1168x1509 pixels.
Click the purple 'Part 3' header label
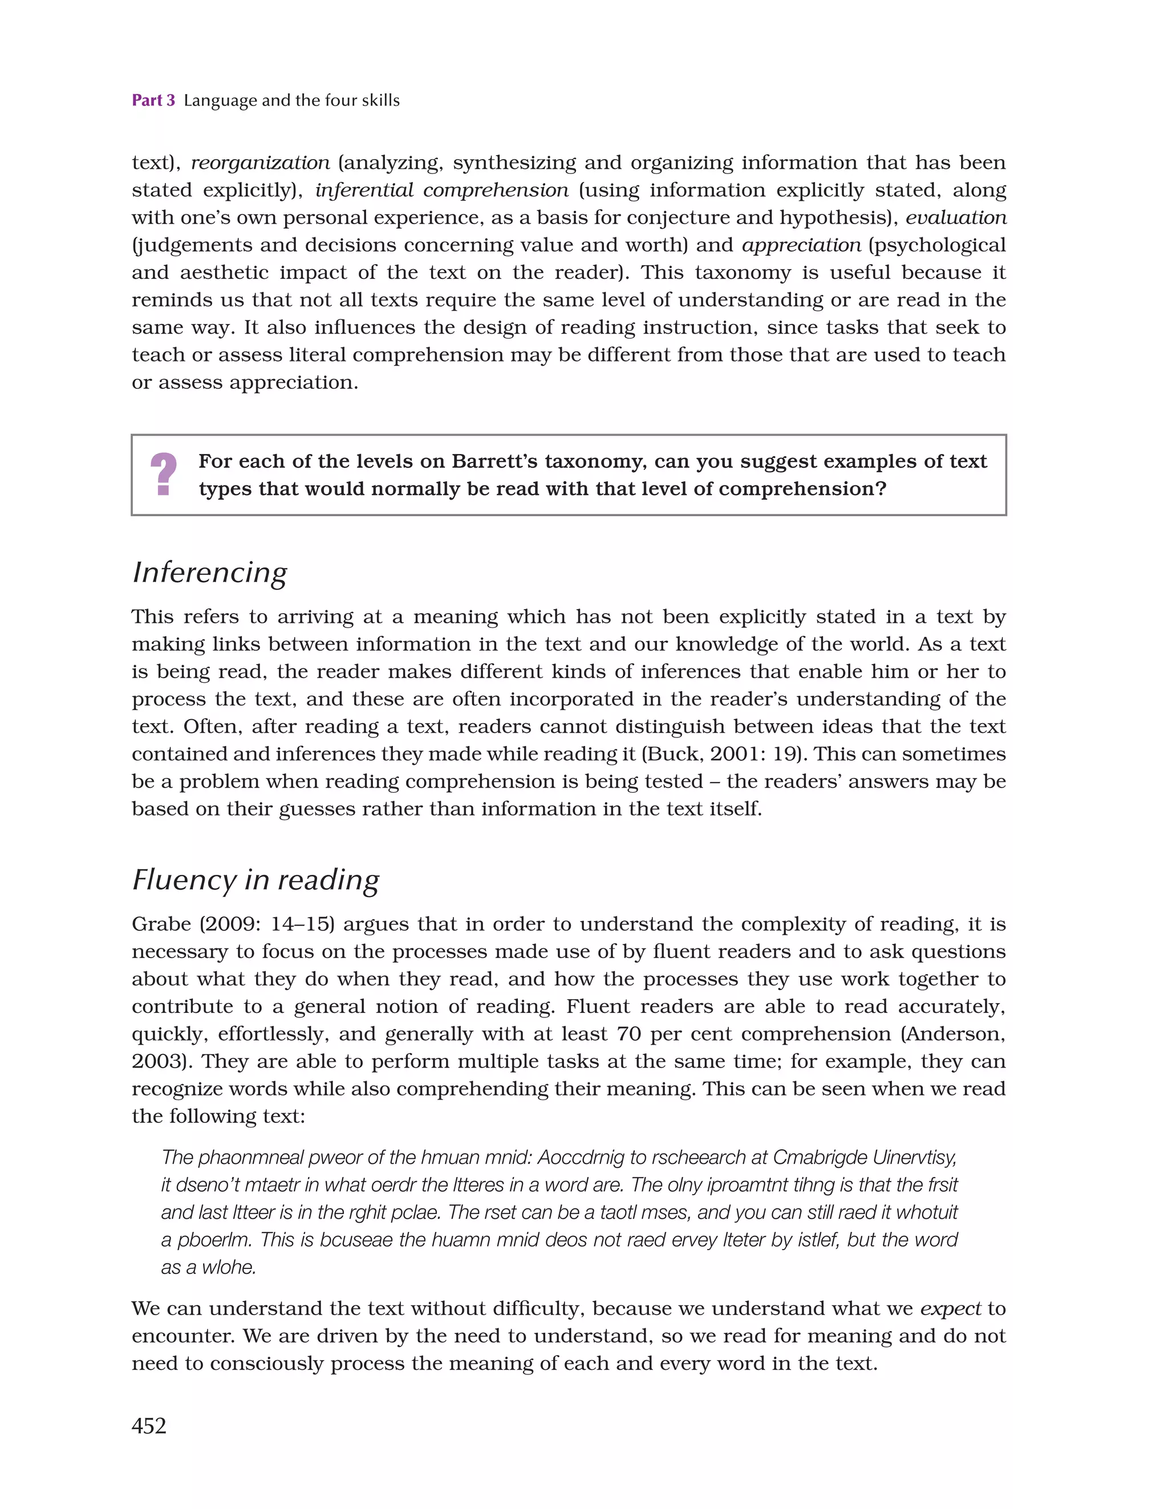coord(153,100)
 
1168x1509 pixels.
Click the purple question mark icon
coord(164,474)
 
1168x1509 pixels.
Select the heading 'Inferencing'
coord(209,573)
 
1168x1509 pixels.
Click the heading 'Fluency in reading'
coord(255,881)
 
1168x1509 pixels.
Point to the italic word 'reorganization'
coord(261,163)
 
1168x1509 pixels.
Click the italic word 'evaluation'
coord(956,218)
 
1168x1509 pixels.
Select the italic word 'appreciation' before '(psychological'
coord(801,245)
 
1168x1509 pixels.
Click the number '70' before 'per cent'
coord(630,1035)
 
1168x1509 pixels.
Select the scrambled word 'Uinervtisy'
coord(914,1157)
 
